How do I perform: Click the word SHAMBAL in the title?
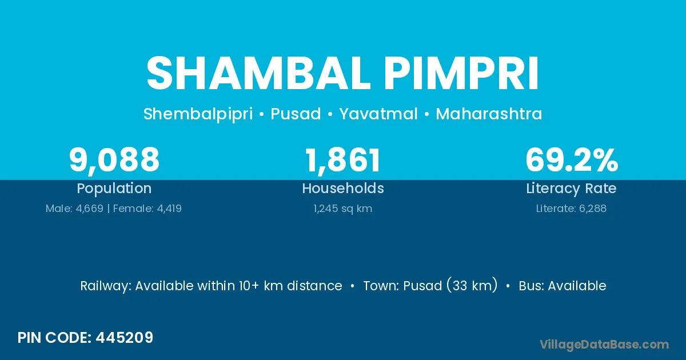click(x=258, y=73)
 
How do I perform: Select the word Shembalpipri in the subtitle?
click(x=198, y=114)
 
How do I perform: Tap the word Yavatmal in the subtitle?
click(x=378, y=114)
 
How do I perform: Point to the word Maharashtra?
click(x=489, y=114)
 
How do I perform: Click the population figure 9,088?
click(x=114, y=161)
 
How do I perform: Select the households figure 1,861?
click(x=343, y=161)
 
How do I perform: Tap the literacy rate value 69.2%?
click(x=572, y=160)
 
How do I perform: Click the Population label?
click(x=114, y=189)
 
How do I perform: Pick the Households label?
click(x=343, y=188)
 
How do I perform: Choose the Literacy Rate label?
click(x=571, y=189)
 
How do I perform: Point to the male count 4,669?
click(x=89, y=209)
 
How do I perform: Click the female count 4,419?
click(x=169, y=209)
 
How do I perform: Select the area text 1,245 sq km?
click(x=343, y=209)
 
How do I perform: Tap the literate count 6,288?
click(x=593, y=209)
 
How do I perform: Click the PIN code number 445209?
click(x=125, y=338)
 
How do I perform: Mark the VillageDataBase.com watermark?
click(x=604, y=345)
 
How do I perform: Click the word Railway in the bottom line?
click(x=106, y=286)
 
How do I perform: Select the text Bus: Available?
click(x=563, y=286)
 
